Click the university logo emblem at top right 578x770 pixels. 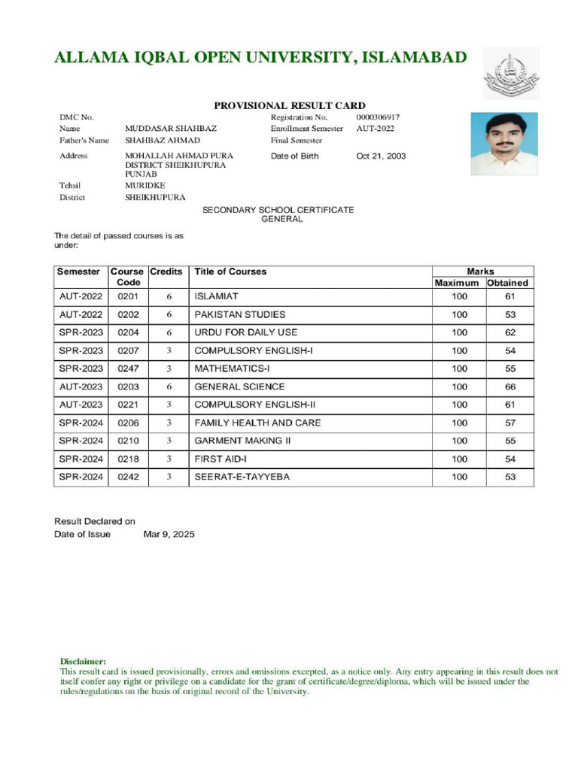point(511,75)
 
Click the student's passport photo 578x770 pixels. point(503,144)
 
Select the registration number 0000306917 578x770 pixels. point(378,117)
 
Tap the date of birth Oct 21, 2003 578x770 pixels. point(381,156)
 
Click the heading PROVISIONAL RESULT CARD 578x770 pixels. point(290,106)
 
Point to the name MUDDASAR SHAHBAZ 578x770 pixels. point(171,129)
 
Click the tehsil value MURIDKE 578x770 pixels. point(144,185)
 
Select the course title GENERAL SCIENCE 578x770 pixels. point(239,387)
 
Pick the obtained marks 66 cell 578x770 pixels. point(510,387)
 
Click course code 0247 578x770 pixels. point(128,368)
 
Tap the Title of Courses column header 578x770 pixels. point(230,271)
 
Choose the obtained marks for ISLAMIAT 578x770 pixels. point(510,297)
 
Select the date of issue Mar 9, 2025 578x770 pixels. point(169,534)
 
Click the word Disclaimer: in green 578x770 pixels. point(83,660)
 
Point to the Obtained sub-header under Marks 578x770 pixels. point(507,283)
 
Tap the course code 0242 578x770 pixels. point(128,477)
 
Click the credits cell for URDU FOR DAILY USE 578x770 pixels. point(169,332)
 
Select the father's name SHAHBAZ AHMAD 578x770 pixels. point(163,141)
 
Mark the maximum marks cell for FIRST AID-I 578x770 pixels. point(459,459)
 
